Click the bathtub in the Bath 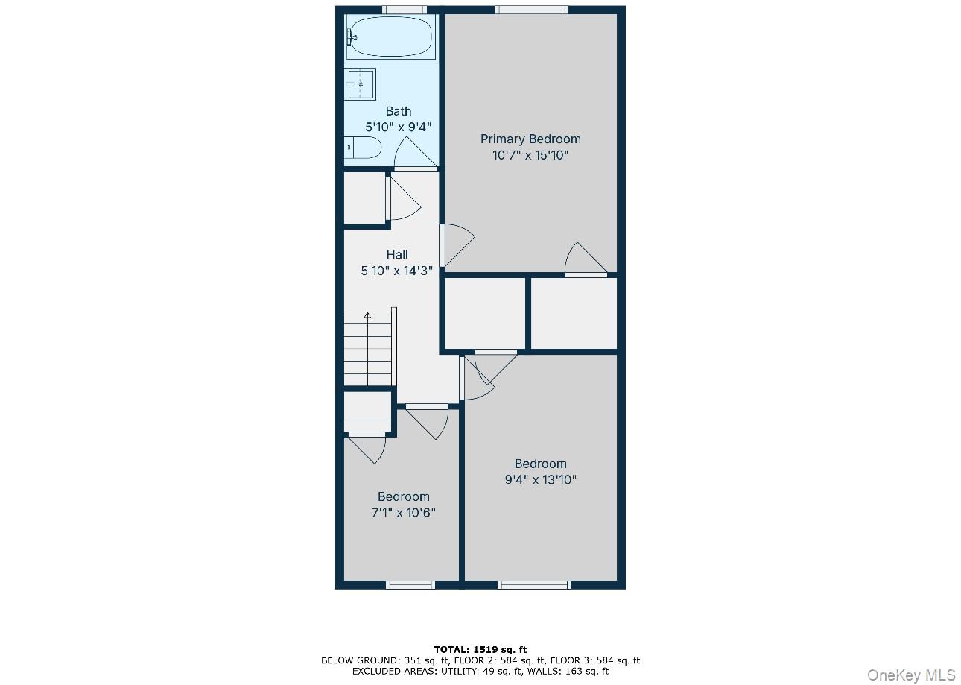[390, 37]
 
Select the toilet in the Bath [364, 148]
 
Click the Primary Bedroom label [530, 139]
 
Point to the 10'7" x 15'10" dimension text [530, 156]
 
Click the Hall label [397, 255]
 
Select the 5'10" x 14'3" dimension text [397, 271]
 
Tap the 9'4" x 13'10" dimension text [541, 480]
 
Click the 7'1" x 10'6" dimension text [403, 513]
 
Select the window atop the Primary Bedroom [531, 10]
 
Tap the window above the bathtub [405, 10]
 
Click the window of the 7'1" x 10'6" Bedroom [410, 585]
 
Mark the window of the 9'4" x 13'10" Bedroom [533, 585]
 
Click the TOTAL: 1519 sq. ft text [480, 649]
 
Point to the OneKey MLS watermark [911, 675]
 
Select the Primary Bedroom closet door [586, 261]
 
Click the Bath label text [399, 111]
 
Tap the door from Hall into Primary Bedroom [457, 244]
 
